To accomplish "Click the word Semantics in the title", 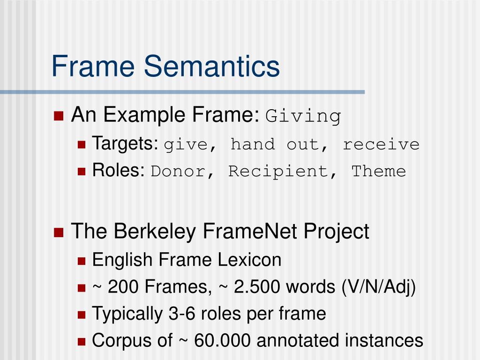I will coord(211,66).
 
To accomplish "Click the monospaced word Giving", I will coord(303,116).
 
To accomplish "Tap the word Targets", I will coord(125,143).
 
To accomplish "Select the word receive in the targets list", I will coord(381,144).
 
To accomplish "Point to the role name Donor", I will coord(178,172).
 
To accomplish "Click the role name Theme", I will coord(379,172).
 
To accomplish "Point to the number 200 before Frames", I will coord(124,287).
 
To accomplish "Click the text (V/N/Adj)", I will coord(378,287).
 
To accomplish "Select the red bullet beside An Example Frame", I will coord(59,116).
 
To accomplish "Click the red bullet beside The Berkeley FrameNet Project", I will coord(59,232).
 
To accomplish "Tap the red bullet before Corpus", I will coord(82,341).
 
